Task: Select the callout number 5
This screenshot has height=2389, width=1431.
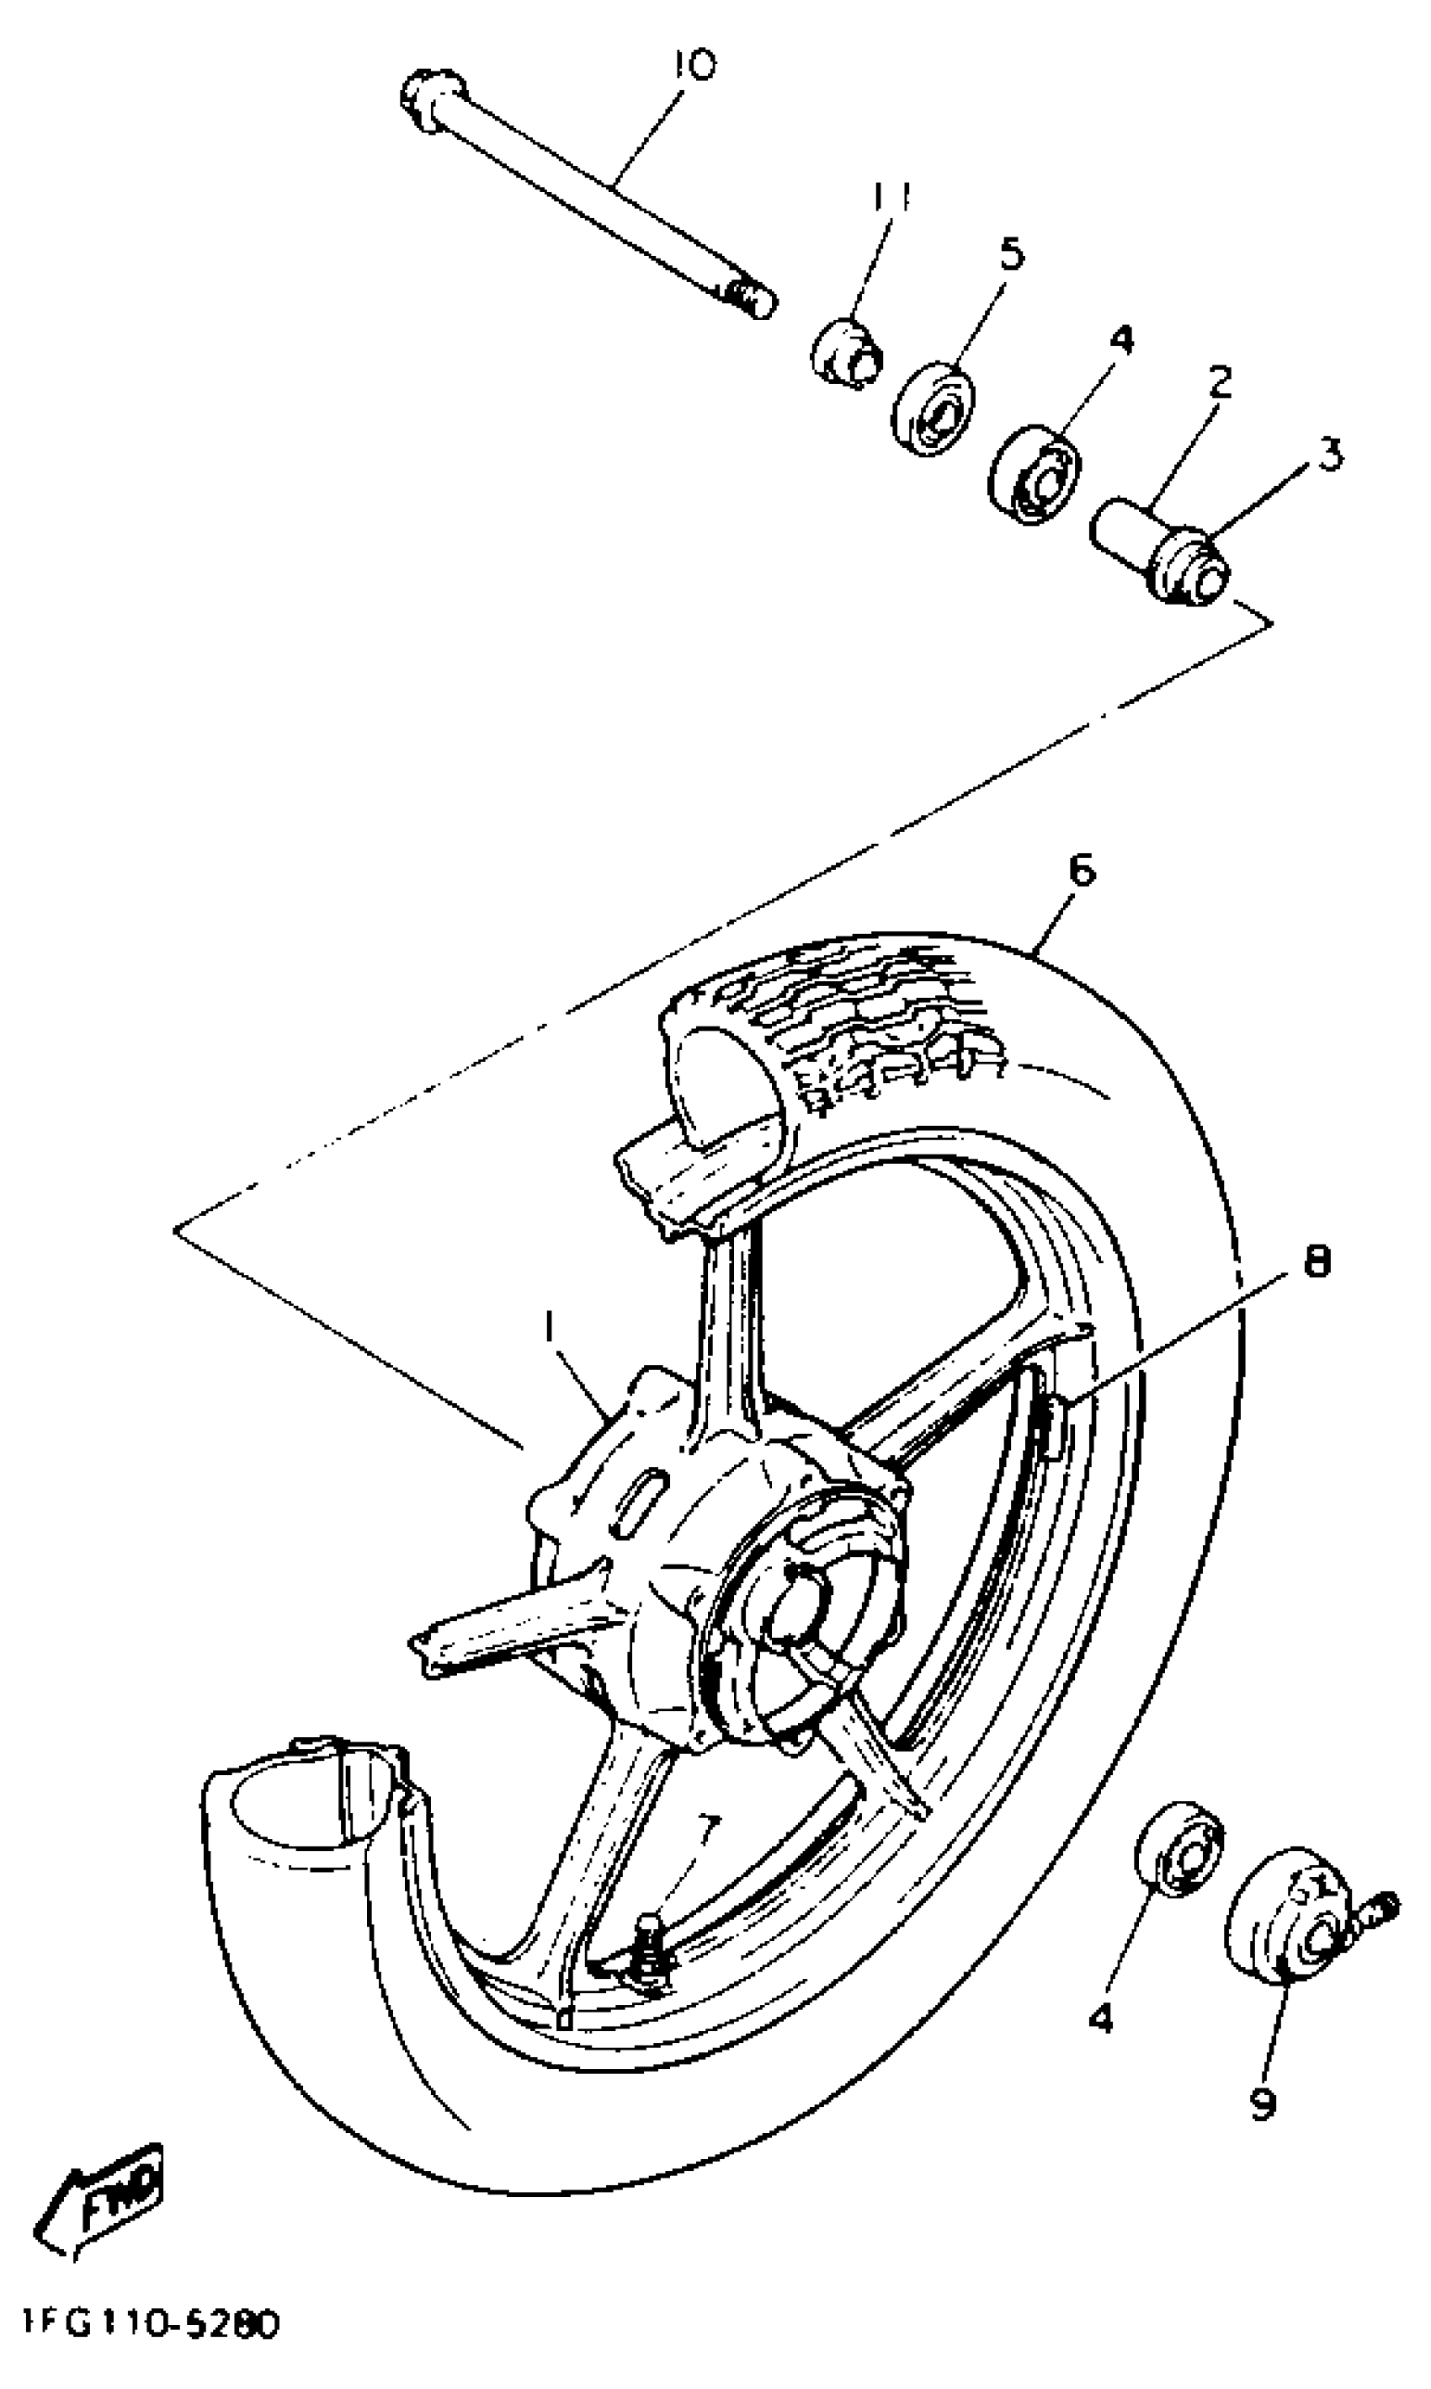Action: pos(1012,253)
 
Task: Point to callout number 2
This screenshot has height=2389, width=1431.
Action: pos(1219,384)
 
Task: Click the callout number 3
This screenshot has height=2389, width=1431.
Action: pos(1330,454)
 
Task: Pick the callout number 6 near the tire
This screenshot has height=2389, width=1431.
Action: pos(1082,871)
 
